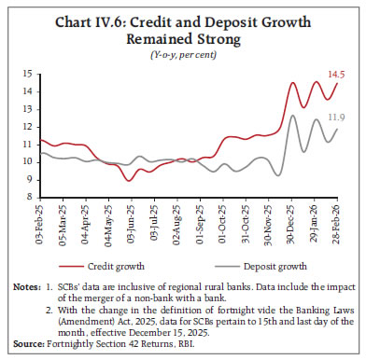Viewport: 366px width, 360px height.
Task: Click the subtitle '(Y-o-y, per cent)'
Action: point(183,54)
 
